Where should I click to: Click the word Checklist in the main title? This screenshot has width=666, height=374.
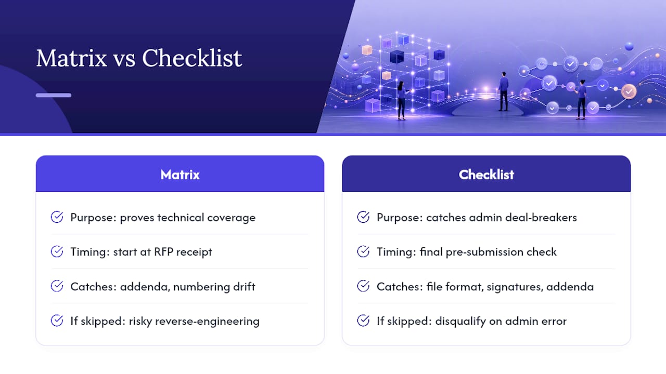click(x=192, y=58)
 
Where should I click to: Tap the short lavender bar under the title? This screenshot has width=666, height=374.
click(x=54, y=95)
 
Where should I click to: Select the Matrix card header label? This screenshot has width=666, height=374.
click(x=180, y=175)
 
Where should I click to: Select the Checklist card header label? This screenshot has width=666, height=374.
click(x=486, y=175)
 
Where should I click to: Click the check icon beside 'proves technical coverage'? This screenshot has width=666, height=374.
click(x=57, y=217)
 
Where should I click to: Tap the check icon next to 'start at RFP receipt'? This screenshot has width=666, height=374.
click(x=57, y=251)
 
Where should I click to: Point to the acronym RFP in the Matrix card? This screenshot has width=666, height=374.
click(x=163, y=252)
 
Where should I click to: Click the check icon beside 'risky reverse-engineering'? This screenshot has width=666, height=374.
click(x=57, y=320)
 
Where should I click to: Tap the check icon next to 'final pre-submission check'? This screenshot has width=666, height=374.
click(x=363, y=251)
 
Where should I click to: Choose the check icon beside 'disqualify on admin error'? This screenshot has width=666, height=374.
click(x=363, y=320)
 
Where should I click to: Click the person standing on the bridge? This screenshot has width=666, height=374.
click(x=503, y=91)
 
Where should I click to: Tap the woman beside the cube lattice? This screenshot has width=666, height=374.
click(x=402, y=101)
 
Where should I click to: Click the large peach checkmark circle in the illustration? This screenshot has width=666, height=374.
click(x=629, y=91)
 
